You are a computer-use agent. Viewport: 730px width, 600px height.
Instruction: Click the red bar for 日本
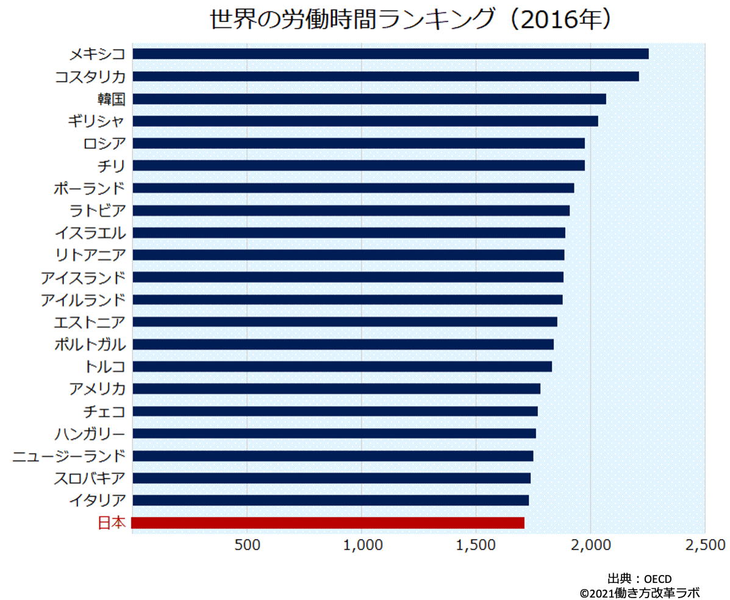point(328,523)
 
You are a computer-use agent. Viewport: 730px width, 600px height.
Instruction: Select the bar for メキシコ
point(390,54)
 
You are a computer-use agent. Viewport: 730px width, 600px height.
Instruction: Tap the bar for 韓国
point(369,99)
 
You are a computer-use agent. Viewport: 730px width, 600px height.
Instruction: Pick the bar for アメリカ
point(336,388)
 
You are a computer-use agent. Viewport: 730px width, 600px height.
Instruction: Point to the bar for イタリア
point(330,500)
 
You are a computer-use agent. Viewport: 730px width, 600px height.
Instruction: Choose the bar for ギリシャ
point(365,121)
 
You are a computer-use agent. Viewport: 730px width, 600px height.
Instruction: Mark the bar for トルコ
point(342,366)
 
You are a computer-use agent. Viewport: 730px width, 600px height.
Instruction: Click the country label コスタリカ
point(90,76)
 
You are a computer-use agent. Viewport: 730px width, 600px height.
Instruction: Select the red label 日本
point(112,523)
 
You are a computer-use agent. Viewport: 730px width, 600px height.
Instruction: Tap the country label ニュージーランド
point(69,455)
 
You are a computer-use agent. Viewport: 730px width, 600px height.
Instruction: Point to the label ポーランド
point(90,188)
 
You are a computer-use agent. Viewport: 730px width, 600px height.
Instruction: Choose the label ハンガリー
point(90,433)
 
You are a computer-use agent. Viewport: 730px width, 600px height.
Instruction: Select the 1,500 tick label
point(476,544)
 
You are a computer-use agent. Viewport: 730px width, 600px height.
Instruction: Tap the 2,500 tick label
point(704,544)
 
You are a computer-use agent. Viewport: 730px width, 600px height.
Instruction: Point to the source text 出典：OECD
point(639,577)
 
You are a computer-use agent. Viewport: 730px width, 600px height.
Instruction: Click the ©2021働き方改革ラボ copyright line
point(639,591)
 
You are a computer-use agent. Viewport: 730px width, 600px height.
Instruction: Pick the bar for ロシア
point(358,143)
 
